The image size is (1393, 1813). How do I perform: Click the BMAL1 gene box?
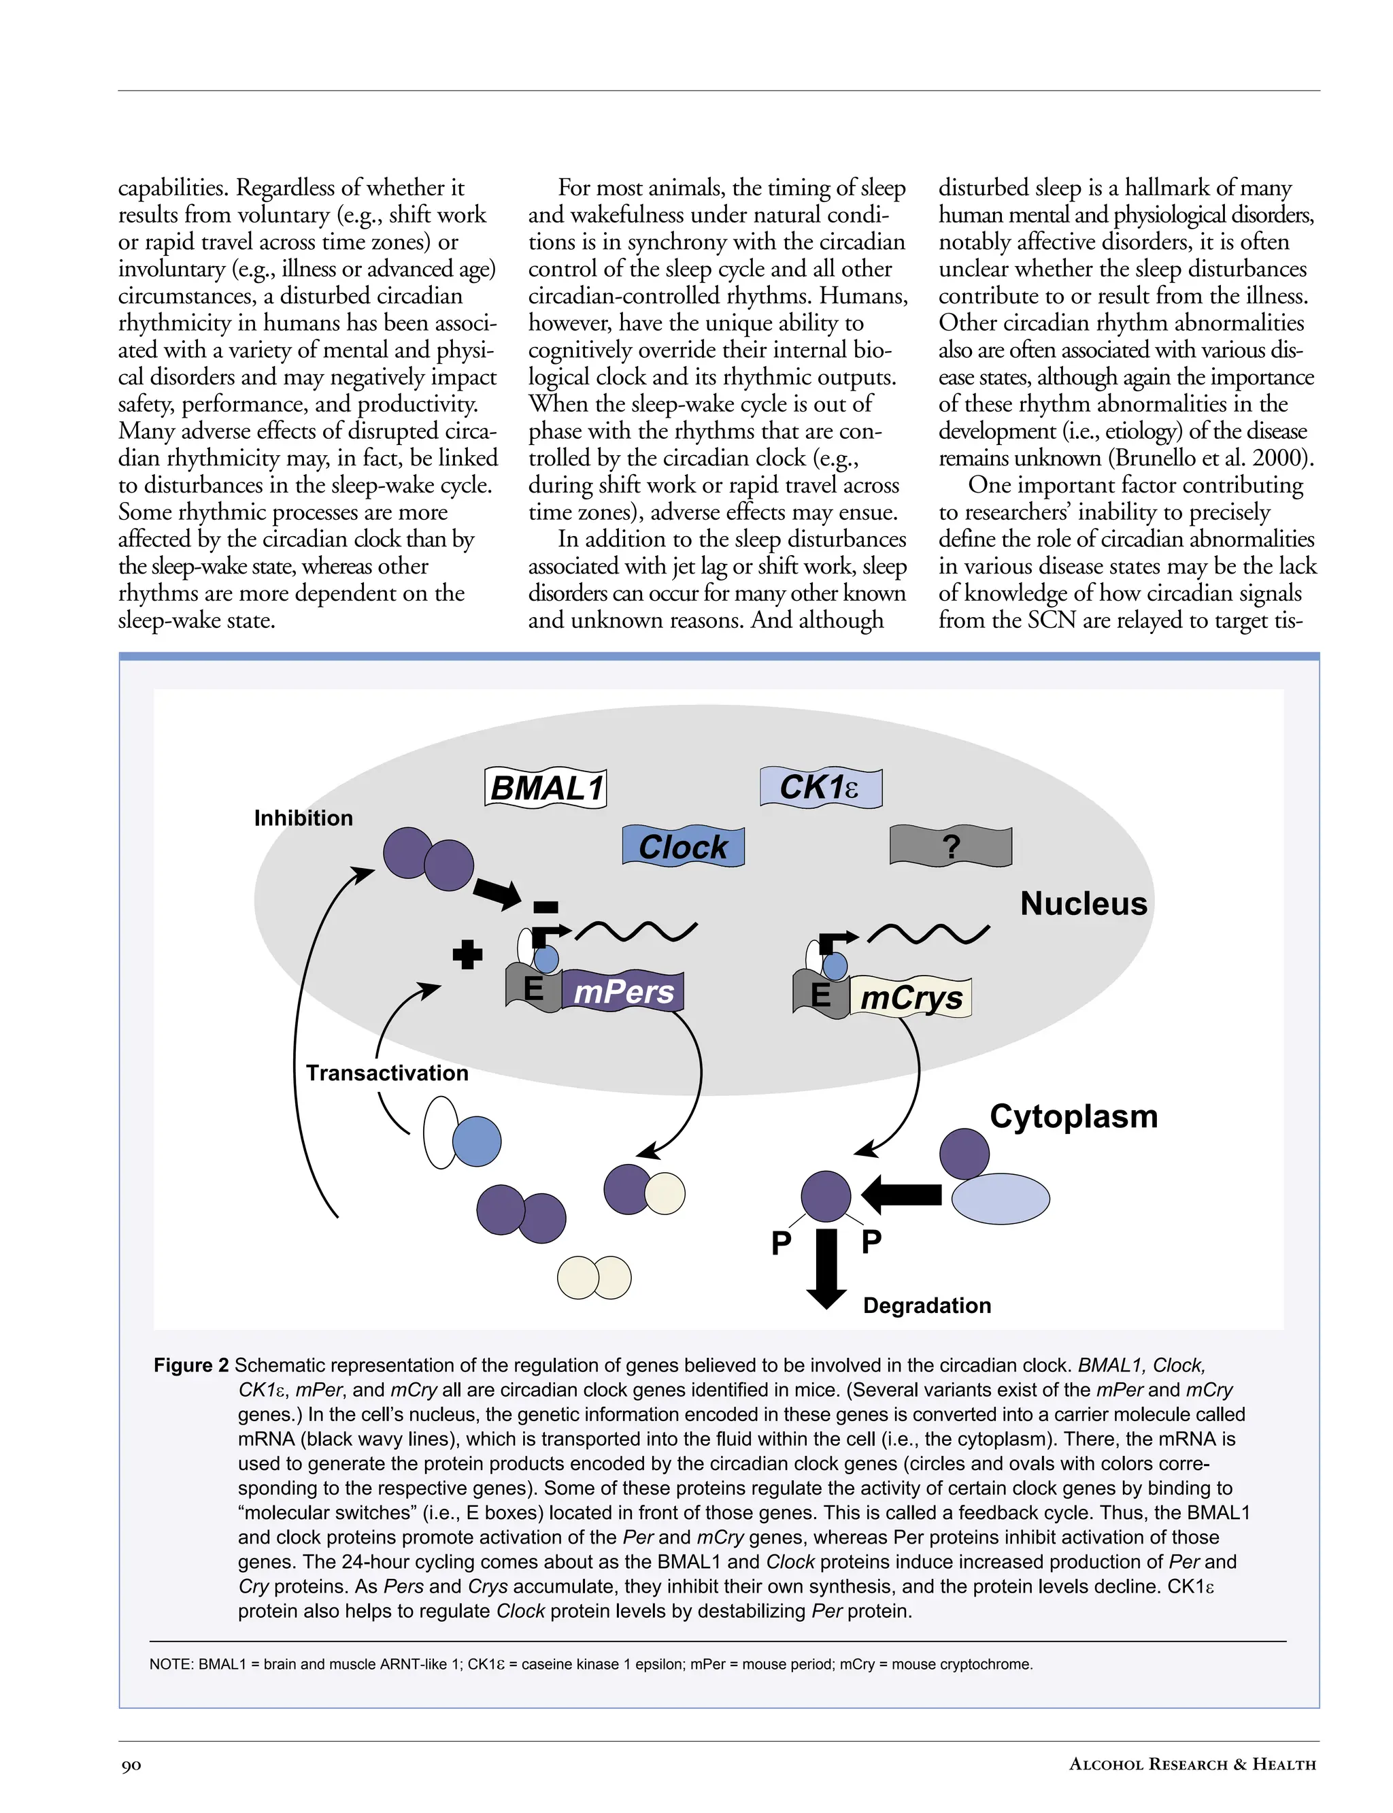545,788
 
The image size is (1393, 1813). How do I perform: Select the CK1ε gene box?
820,787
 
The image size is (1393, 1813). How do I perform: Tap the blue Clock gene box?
682,847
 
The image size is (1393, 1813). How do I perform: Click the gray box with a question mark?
950,847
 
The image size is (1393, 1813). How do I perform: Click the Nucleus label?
1083,903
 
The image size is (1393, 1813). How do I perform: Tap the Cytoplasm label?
1073,1116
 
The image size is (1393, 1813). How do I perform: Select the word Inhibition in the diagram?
303,818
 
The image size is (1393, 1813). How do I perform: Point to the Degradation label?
926,1305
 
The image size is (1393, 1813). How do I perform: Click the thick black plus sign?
468,954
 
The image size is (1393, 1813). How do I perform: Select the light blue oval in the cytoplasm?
1000,1199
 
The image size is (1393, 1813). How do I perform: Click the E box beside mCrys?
820,995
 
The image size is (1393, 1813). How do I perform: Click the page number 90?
131,1765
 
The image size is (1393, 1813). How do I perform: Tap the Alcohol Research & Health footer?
1192,1764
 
